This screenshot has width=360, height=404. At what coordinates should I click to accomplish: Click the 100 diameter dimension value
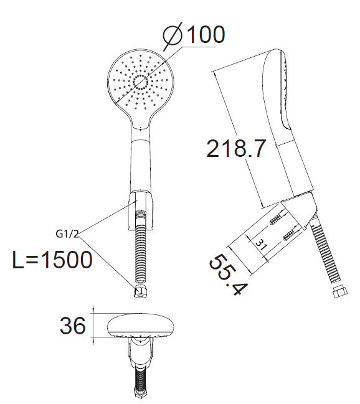(206, 34)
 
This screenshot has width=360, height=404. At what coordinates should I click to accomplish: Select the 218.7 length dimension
(235, 148)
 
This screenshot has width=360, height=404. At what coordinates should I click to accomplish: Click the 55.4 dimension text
(228, 275)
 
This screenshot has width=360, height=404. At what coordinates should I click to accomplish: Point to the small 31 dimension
(262, 244)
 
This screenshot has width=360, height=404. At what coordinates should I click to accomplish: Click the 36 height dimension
(72, 326)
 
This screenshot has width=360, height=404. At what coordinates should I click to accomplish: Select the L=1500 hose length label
(52, 260)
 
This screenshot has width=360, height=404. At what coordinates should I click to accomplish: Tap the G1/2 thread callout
(67, 234)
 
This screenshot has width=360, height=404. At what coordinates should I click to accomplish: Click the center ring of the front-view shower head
(141, 82)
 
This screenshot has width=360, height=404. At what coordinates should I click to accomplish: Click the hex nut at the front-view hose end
(140, 293)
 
